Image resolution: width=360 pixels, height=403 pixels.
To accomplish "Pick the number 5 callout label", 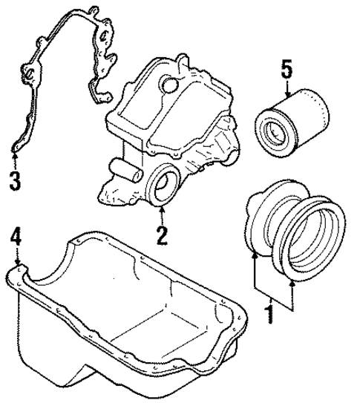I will [285, 71].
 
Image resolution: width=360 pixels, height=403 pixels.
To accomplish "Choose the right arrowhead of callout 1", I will [292, 283].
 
